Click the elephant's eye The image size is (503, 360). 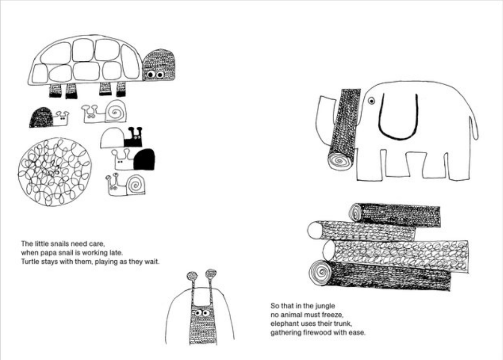pyautogui.click(x=372, y=101)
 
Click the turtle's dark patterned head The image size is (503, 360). pyautogui.click(x=158, y=65)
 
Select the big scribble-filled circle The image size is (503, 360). pyautogui.click(x=55, y=172)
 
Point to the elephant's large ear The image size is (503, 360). pyautogui.click(x=399, y=117)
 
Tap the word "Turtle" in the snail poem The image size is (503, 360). pyautogui.click(x=30, y=262)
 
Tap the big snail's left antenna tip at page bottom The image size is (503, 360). pyautogui.click(x=192, y=276)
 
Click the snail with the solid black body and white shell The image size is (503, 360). pyautogui.click(x=122, y=138)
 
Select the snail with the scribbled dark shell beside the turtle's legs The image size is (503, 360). pyautogui.click(x=48, y=117)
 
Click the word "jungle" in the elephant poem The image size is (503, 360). pyautogui.click(x=325, y=306)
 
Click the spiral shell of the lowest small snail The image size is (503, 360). pyautogui.click(x=136, y=184)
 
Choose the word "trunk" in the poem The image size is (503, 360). pyautogui.click(x=342, y=324)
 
